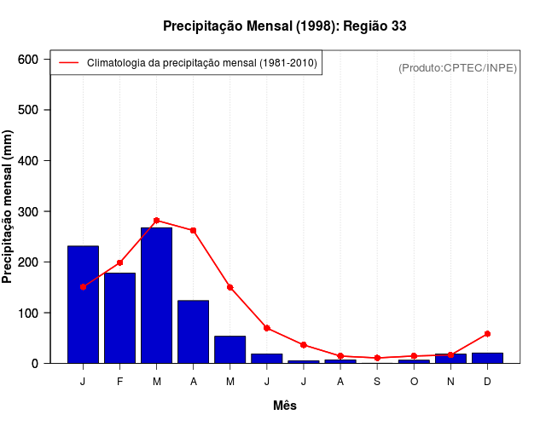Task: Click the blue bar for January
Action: (83, 304)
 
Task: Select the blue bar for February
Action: (119, 318)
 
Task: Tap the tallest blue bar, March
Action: (156, 295)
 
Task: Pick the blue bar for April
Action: (193, 331)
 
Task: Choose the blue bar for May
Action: (229, 349)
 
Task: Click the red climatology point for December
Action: (487, 333)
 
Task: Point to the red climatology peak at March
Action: (156, 220)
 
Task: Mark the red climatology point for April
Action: (193, 230)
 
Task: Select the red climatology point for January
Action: (83, 286)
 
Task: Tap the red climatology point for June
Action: (267, 328)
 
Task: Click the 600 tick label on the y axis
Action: (28, 59)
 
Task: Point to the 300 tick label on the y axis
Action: (28, 211)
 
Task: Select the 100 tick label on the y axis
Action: (28, 313)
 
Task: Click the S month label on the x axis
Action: (377, 382)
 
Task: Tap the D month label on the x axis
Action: (487, 382)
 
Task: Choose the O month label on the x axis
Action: (414, 382)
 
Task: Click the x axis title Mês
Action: (285, 406)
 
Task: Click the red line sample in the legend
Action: (68, 63)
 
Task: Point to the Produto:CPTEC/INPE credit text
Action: (457, 67)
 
